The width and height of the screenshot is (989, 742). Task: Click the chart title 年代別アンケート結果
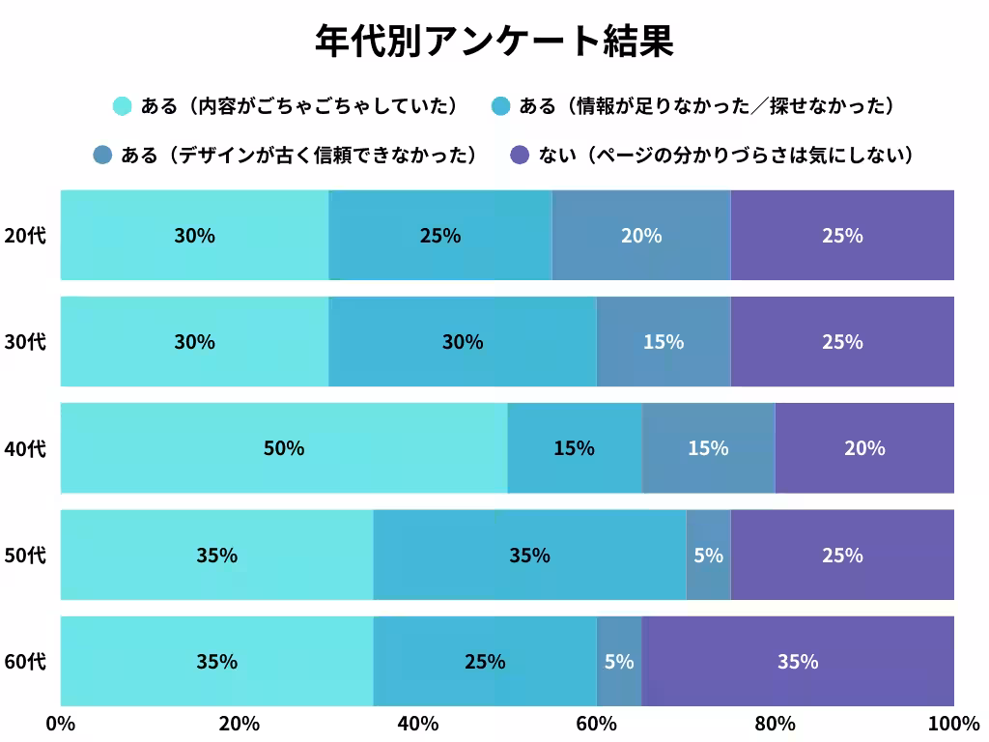[494, 41]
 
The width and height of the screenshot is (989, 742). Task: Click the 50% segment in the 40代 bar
[284, 448]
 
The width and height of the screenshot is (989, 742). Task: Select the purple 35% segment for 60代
[798, 662]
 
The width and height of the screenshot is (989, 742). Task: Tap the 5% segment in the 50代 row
[708, 556]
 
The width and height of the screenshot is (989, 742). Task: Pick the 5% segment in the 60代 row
[619, 662]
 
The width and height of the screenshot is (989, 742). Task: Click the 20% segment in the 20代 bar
[641, 236]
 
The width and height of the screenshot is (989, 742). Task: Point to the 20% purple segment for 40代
[864, 448]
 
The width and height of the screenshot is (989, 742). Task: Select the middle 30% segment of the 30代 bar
[463, 342]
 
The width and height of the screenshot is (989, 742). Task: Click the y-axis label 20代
[25, 236]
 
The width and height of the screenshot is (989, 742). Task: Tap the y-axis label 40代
[25, 448]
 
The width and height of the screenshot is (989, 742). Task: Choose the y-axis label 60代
[25, 662]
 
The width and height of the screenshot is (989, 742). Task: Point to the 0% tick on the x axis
[61, 724]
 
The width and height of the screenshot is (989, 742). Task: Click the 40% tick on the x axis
[418, 724]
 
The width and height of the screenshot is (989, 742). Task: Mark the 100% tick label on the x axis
[953, 724]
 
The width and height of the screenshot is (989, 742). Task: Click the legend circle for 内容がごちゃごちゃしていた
[122, 105]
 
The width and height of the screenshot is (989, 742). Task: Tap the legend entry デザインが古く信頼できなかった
[299, 155]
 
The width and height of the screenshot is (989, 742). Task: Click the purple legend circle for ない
[520, 155]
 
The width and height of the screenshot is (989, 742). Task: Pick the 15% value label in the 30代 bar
[664, 342]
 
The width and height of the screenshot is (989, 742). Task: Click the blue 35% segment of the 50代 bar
[529, 556]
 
